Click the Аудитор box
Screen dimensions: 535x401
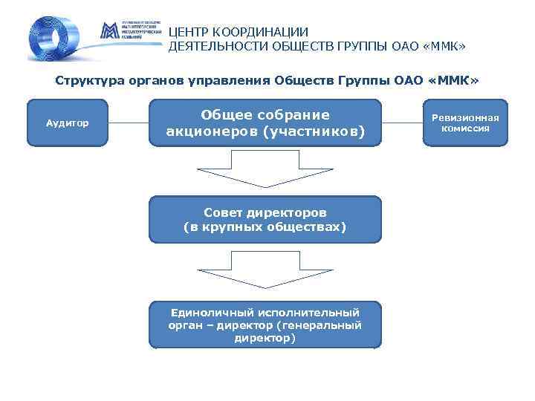pyautogui.click(x=68, y=123)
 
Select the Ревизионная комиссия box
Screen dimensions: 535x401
pyautogui.click(x=465, y=123)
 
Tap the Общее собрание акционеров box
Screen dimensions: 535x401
pyautogui.click(x=265, y=123)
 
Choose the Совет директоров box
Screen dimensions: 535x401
pyautogui.click(x=265, y=219)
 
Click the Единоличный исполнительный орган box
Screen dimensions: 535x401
pyautogui.click(x=265, y=325)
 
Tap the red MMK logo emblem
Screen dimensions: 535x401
pyautogui.click(x=108, y=32)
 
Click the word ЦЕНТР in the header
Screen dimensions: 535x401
pyautogui.click(x=189, y=32)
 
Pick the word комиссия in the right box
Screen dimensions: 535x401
pyautogui.click(x=465, y=128)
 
